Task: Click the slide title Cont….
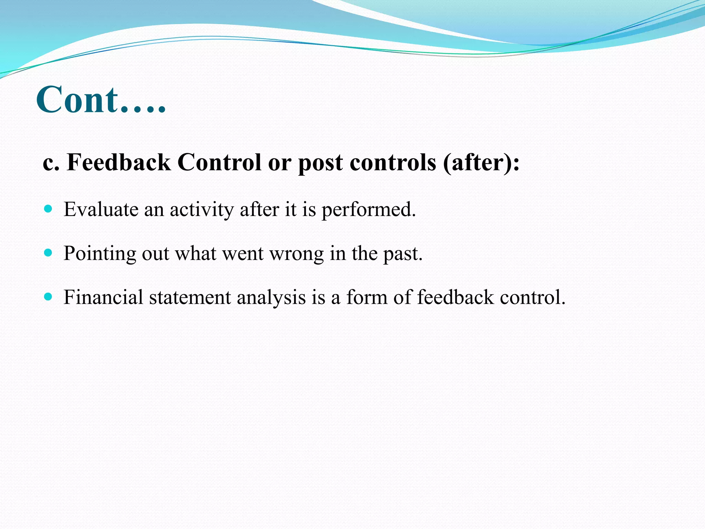pyautogui.click(x=101, y=100)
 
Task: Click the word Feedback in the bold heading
pyautogui.click(x=119, y=162)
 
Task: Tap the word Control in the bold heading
pyautogui.click(x=219, y=162)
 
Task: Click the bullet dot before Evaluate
pyautogui.click(x=48, y=209)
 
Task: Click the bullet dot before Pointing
pyautogui.click(x=48, y=253)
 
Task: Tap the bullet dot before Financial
pyautogui.click(x=48, y=297)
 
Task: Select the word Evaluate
pyautogui.click(x=101, y=209)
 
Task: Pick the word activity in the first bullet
pyautogui.click(x=202, y=210)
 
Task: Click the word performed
pyautogui.click(x=369, y=210)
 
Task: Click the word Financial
pyautogui.click(x=103, y=297)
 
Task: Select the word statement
pyautogui.click(x=190, y=297)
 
